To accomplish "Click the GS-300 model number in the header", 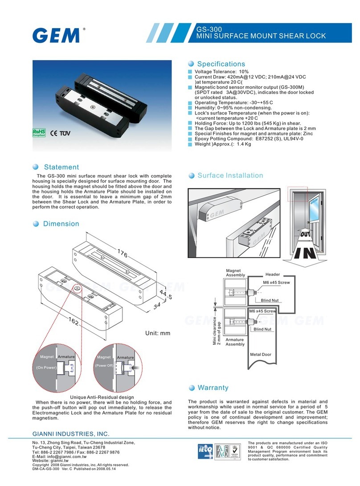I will pyautogui.click(x=209, y=29).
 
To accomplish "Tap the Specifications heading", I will pyautogui.click(x=221, y=64).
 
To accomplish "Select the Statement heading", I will pyautogui.click(x=61, y=167).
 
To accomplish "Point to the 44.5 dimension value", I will pyautogui.click(x=165, y=293).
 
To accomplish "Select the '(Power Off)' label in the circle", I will pyautogui.click(x=104, y=366).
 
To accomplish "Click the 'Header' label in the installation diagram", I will pyautogui.click(x=272, y=274).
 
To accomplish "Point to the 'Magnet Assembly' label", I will pyautogui.click(x=235, y=273).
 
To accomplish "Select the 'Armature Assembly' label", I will pyautogui.click(x=235, y=342).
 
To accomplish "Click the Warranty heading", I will pyautogui.click(x=213, y=388).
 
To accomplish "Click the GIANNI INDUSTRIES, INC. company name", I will pyautogui.click(x=71, y=433).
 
